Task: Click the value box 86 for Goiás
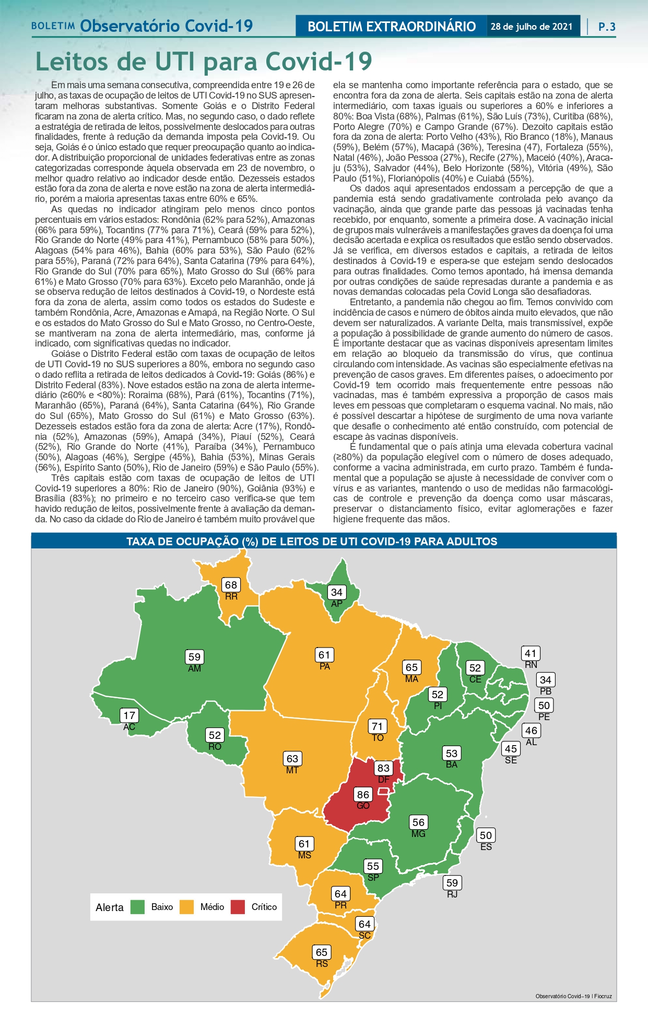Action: tap(363, 795)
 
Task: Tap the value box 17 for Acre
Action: tap(129, 715)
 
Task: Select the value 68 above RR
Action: tap(231, 585)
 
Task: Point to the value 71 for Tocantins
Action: tap(377, 726)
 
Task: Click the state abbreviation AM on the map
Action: tap(194, 668)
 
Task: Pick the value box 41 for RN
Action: tap(531, 653)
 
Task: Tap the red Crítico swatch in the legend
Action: tap(238, 907)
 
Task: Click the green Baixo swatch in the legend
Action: tap(137, 907)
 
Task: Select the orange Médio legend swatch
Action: tap(187, 907)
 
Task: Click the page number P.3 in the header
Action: tap(607, 27)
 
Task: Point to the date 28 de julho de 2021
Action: tap(532, 27)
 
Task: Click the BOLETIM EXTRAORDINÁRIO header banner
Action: tap(392, 27)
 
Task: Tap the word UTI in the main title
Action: tap(175, 62)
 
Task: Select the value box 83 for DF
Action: tap(383, 768)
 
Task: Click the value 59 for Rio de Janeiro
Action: tap(452, 883)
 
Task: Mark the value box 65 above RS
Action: tap(322, 952)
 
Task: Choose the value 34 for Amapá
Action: tap(337, 592)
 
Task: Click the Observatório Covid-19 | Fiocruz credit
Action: tap(573, 996)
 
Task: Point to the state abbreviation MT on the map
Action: tap(292, 770)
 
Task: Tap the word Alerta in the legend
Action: tap(110, 907)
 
